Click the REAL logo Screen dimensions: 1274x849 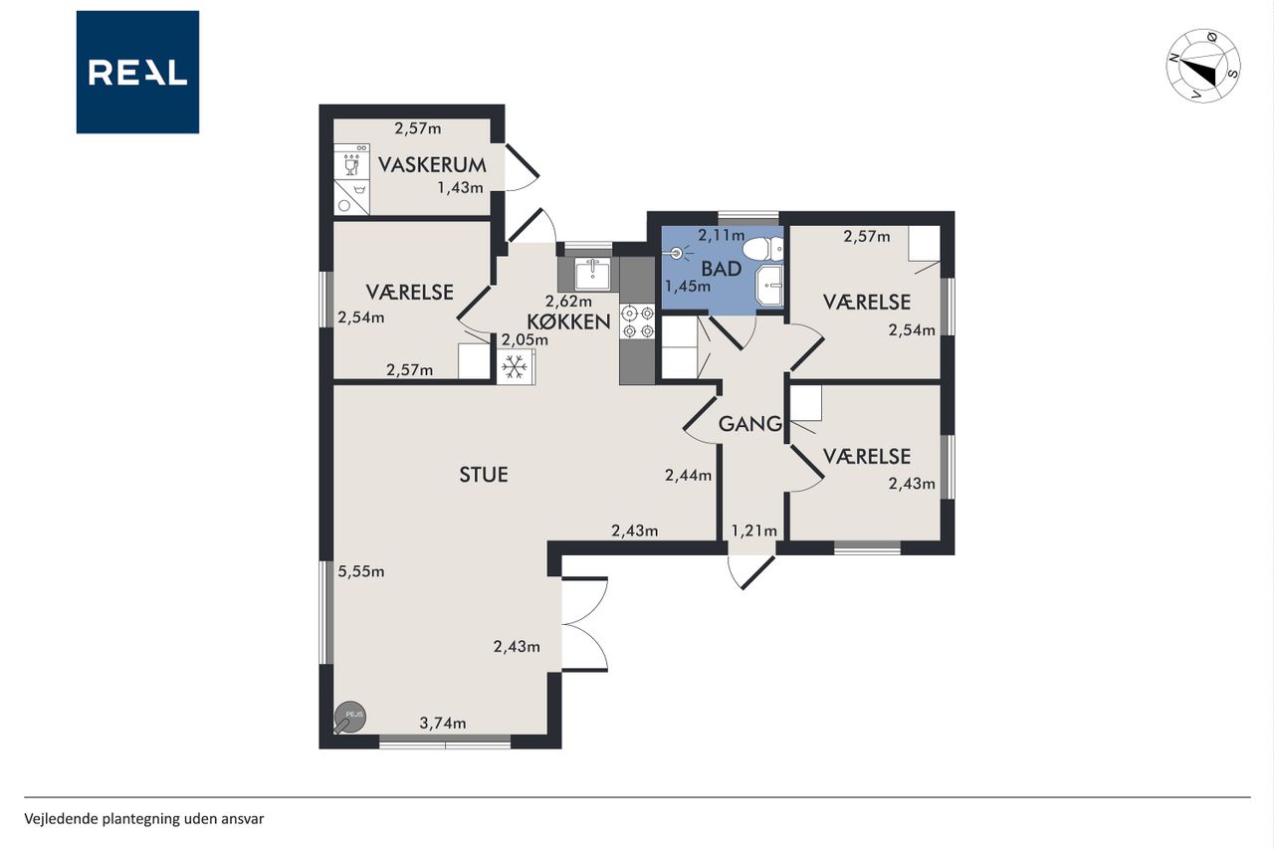tap(137, 73)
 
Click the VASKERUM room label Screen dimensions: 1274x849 tap(432, 165)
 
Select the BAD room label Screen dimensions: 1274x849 tap(722, 269)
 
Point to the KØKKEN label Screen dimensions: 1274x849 tap(568, 321)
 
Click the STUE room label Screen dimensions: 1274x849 tap(484, 475)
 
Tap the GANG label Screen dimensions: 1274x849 tap(750, 424)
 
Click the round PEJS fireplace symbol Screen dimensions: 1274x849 tap(349, 717)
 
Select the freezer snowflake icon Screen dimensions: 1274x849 tap(515, 367)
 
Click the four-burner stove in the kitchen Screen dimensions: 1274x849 tap(638, 321)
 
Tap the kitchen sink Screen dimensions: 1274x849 tap(592, 274)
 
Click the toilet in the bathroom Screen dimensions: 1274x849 tap(763, 249)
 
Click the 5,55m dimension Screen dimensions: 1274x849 tap(361, 571)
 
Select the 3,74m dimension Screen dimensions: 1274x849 tap(443, 724)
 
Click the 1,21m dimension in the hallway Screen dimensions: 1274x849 tap(753, 531)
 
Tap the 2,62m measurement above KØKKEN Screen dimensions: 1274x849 tap(568, 301)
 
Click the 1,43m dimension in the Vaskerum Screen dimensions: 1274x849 tap(460, 188)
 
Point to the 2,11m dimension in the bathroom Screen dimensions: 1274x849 tap(722, 235)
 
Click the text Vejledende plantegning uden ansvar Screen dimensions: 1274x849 tap(144, 819)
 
